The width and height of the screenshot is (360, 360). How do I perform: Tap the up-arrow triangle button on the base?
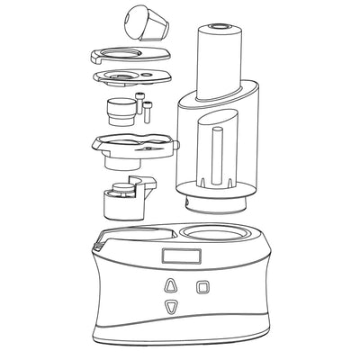click(168, 285)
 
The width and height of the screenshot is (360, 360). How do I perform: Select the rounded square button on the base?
click(203, 286)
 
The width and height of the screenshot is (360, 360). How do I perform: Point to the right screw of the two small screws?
click(148, 112)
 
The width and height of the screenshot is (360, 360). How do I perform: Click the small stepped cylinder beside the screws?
click(118, 112)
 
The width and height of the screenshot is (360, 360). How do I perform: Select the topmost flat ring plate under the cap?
click(130, 57)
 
